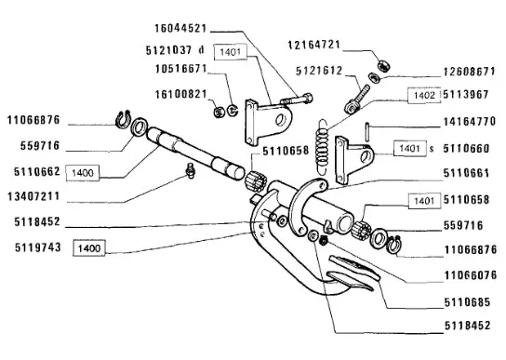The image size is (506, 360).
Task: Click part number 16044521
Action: (180, 28)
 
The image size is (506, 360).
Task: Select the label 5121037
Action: (168, 50)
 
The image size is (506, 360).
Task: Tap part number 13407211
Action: (33, 196)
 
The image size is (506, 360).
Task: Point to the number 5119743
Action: (38, 247)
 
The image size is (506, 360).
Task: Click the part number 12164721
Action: (314, 45)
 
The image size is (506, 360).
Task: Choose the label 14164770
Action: (470, 122)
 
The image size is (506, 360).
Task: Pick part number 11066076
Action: (471, 275)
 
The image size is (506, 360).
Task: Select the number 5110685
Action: (468, 302)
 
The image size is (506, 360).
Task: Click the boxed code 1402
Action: (424, 95)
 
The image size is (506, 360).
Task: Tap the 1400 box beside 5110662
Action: (83, 173)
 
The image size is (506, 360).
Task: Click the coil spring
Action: (323, 147)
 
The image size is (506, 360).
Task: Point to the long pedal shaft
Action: (195, 153)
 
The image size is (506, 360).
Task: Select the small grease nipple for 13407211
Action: (191, 170)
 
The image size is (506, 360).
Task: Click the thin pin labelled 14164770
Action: (366, 131)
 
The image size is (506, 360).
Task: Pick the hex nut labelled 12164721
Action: (384, 65)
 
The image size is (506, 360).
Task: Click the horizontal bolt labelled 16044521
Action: (297, 100)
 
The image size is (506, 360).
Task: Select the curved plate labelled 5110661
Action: (307, 207)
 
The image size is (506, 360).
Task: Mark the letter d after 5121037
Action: (201, 50)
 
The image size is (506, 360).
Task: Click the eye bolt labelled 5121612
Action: (356, 99)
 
